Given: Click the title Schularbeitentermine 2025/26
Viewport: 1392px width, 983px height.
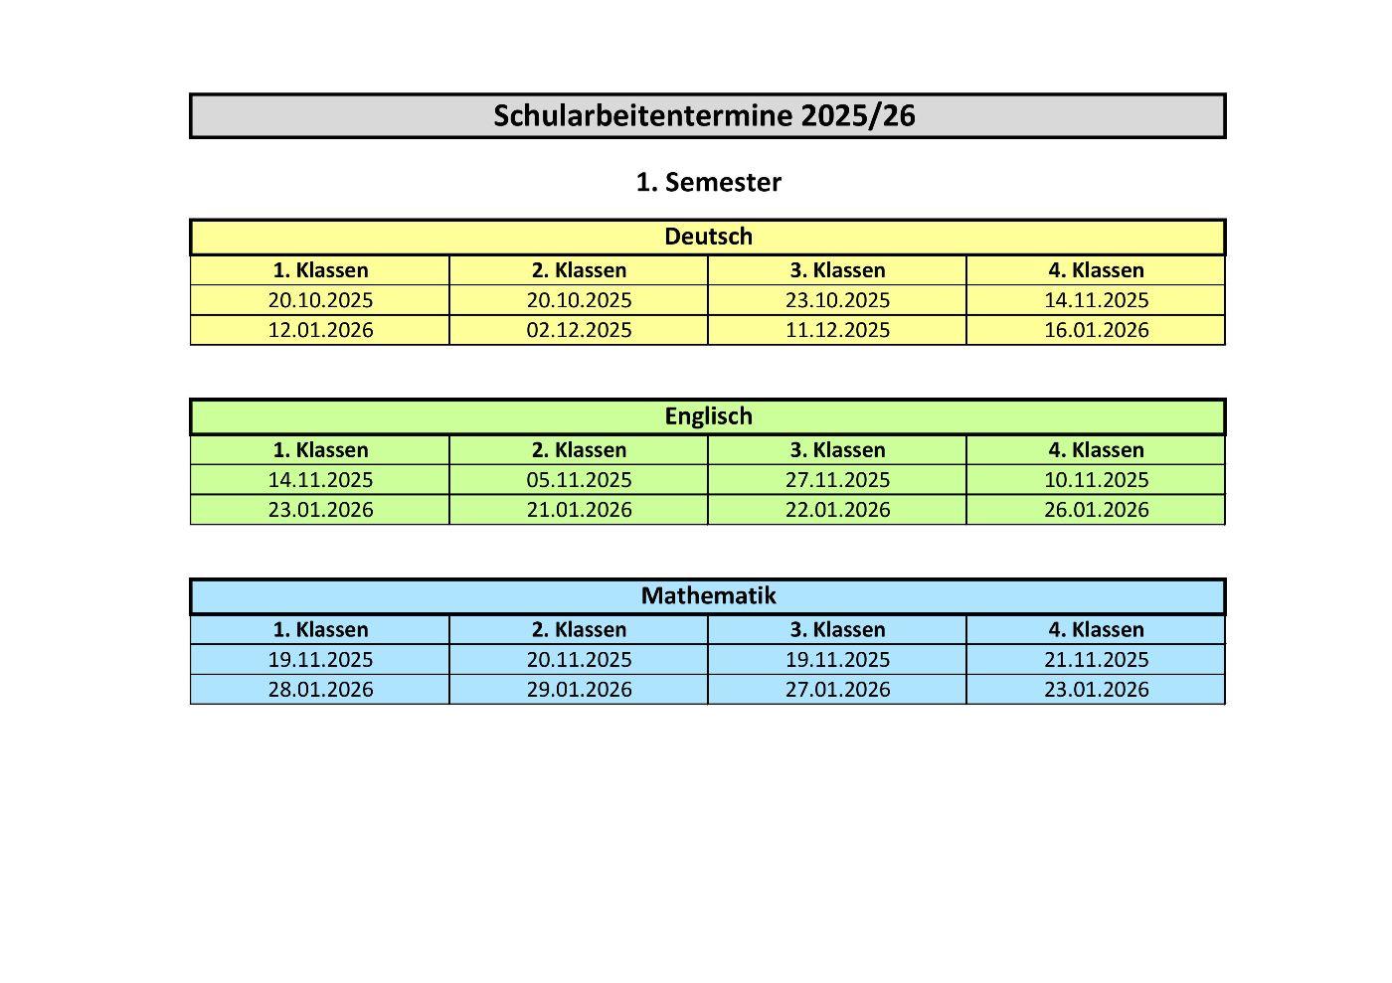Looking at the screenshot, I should pyautogui.click(x=704, y=115).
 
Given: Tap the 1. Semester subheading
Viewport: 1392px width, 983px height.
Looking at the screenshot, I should pyautogui.click(x=708, y=182).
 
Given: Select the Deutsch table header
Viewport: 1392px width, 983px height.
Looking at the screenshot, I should pyautogui.click(x=708, y=237).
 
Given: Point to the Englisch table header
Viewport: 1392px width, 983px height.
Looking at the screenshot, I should pyautogui.click(x=708, y=416).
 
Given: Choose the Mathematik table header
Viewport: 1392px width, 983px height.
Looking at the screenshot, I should pyautogui.click(x=708, y=596).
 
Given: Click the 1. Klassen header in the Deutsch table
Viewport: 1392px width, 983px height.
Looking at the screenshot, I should pyautogui.click(x=320, y=270).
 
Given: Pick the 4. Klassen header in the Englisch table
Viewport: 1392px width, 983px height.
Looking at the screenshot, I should pyautogui.click(x=1096, y=450).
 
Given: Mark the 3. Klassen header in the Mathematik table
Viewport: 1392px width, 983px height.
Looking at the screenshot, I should pyautogui.click(x=837, y=630).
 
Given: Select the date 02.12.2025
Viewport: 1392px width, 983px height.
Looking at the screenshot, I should pyautogui.click(x=579, y=330).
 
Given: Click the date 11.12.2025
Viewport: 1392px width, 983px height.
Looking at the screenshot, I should pyautogui.click(x=837, y=330).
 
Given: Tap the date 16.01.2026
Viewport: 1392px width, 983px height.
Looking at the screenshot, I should pyautogui.click(x=1096, y=330).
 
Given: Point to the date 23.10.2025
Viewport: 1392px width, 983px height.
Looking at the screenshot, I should pyautogui.click(x=837, y=300).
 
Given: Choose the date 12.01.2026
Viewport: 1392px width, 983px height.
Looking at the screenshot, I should pyautogui.click(x=320, y=330).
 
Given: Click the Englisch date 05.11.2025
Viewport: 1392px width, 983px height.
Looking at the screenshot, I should pyautogui.click(x=579, y=480).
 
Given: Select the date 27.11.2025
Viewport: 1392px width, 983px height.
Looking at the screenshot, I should pyautogui.click(x=837, y=480).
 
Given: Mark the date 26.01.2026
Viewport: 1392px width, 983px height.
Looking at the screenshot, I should pyautogui.click(x=1096, y=510).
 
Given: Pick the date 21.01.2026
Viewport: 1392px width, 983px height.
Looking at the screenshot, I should pyautogui.click(x=579, y=510).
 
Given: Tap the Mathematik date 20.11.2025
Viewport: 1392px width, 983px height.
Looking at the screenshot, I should pyautogui.click(x=579, y=660).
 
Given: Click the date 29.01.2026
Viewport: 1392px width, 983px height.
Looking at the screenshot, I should pyautogui.click(x=579, y=690).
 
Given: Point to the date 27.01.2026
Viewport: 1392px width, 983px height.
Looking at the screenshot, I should pyautogui.click(x=837, y=690).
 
